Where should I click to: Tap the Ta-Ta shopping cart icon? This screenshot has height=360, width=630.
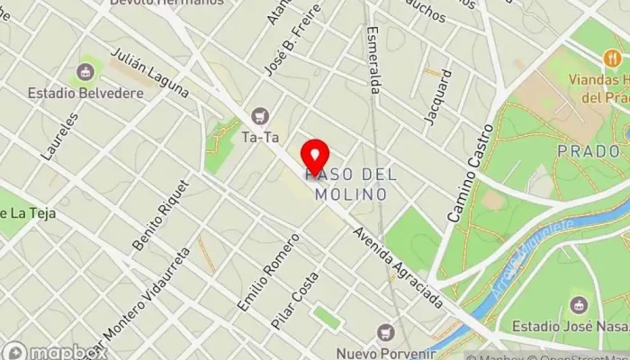[261, 115]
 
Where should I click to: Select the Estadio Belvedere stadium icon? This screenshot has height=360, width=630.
[87, 71]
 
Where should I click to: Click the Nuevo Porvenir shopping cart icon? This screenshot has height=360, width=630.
[387, 332]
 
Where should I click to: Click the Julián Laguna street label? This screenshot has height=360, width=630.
[149, 72]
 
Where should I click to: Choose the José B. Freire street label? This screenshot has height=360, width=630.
[280, 50]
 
